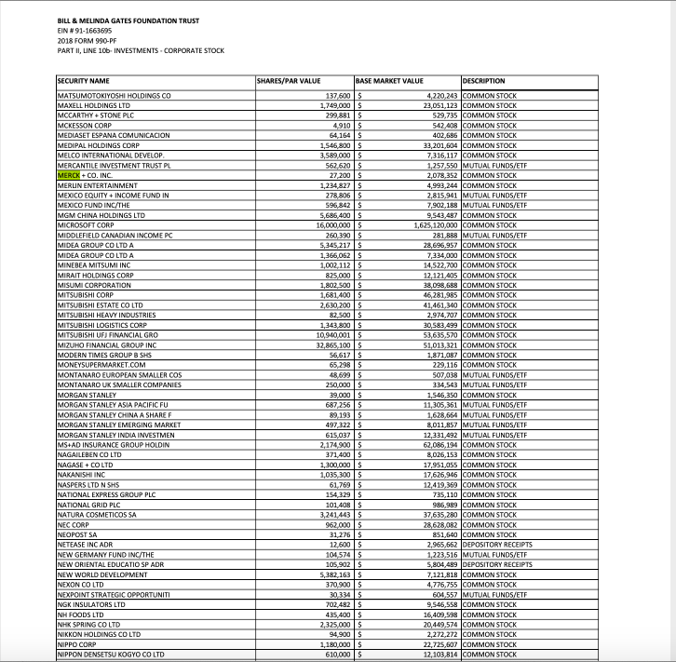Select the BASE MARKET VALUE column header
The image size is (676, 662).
[x=389, y=81]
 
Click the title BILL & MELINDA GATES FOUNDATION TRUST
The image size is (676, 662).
[x=128, y=20]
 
